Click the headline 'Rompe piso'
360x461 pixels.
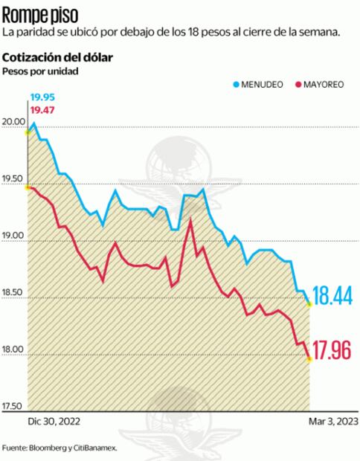tap(38, 13)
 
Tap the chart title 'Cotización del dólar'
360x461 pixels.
tap(58, 58)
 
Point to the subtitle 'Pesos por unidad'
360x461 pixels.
tap(40, 71)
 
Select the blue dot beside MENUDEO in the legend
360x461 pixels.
tap(236, 86)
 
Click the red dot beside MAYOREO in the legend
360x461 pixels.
tap(298, 86)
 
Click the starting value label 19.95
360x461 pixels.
tap(42, 97)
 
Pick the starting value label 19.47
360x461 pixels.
tap(42, 110)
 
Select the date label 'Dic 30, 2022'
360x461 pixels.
tap(54, 421)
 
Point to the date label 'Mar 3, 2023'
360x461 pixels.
tap(332, 421)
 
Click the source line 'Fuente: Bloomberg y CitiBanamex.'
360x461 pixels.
tap(60, 448)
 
